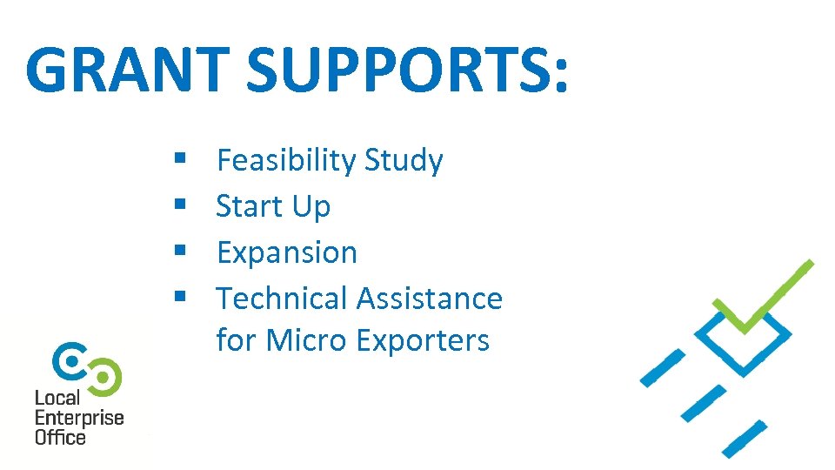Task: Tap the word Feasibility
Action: [286, 160]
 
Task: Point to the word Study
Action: [404, 160]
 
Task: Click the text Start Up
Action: [273, 206]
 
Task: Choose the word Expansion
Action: [287, 252]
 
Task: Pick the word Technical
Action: [283, 299]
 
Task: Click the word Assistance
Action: [430, 299]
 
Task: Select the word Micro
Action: [306, 339]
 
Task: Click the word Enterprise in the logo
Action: [79, 418]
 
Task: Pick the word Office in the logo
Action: [60, 437]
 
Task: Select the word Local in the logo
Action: [57, 399]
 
